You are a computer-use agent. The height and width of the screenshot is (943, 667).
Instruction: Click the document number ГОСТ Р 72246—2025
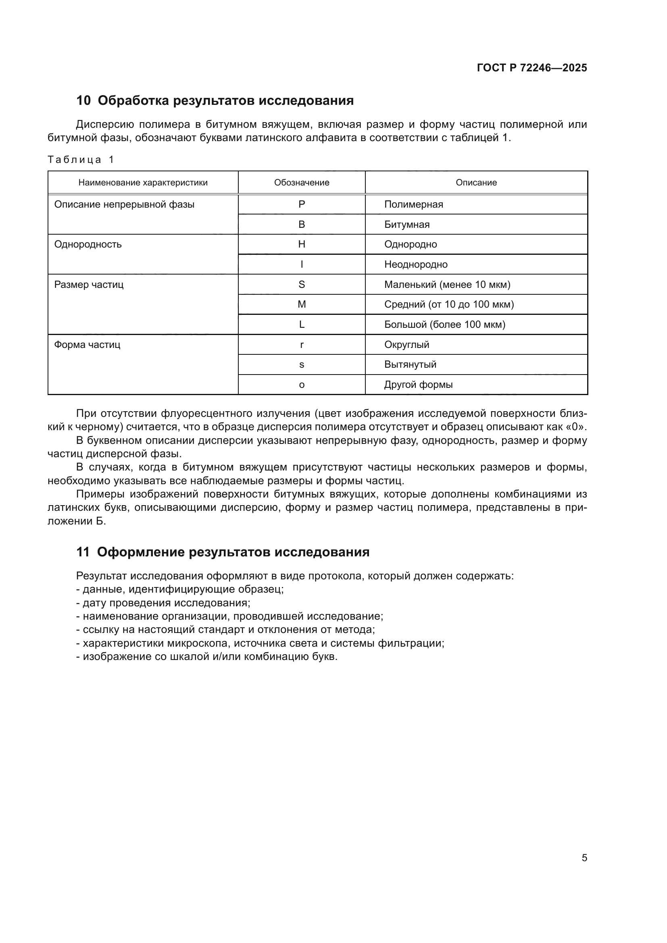pos(532,68)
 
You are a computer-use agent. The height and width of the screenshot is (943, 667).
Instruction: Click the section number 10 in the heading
pos(83,101)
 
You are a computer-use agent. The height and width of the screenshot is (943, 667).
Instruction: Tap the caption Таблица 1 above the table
pos(81,159)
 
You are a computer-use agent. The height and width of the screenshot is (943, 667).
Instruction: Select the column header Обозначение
pos(302,182)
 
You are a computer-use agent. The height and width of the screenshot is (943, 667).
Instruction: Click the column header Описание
pos(476,182)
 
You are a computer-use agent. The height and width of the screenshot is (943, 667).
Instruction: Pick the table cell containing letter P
pos(302,204)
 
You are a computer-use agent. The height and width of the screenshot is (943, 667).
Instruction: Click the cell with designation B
pos(302,224)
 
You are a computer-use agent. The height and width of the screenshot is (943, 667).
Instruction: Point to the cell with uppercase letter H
pos(302,244)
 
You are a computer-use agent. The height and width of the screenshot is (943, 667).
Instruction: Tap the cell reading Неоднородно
pos(416,264)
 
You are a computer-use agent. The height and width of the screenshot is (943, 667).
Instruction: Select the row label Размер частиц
pos(89,284)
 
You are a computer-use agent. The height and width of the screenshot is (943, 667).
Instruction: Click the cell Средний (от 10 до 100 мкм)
pos(449,304)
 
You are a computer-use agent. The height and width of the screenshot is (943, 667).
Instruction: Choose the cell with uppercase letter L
pos(302,325)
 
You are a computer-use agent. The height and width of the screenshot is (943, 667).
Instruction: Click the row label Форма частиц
pos(87,344)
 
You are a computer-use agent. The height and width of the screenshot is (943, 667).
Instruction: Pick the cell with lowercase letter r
pos(302,345)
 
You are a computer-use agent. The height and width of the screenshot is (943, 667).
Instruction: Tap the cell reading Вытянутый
pos(410,364)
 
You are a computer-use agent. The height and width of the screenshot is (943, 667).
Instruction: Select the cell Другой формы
pos(418,385)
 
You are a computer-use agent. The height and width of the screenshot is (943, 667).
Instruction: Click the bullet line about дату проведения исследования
pos(163,603)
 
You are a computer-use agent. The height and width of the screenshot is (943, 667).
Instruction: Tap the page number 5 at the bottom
pos(584,858)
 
